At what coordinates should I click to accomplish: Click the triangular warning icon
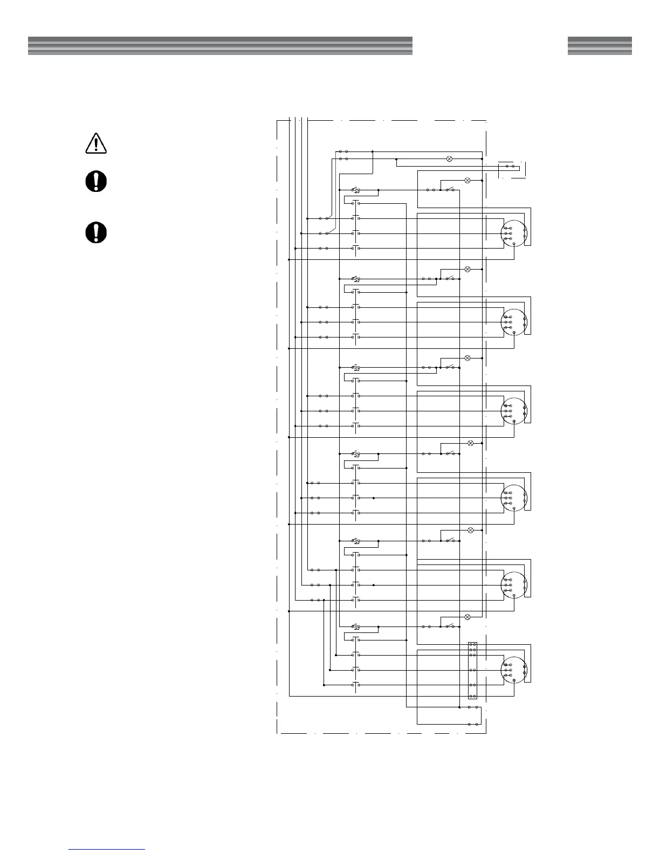pos(96,143)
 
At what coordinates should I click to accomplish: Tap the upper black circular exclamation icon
pos(96,182)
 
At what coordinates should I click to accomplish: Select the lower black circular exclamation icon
pos(96,233)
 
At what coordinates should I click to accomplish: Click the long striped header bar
pos(220,46)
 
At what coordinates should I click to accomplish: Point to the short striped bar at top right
pos(599,46)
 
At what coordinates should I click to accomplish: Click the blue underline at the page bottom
pos(107,849)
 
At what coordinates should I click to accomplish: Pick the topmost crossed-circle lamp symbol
pos(450,159)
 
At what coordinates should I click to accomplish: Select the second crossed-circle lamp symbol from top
pos(467,180)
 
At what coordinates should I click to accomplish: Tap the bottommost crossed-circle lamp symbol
pos(467,617)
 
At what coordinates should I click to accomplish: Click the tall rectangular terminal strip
pos(472,670)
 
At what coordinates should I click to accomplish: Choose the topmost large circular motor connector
pos(514,233)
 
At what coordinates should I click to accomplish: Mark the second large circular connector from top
pos(514,322)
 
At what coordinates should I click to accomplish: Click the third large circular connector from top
pos(514,411)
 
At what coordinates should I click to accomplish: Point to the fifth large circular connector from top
pos(514,585)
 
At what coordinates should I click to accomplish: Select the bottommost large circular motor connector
pos(514,670)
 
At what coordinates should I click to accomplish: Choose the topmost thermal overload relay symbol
pos(356,190)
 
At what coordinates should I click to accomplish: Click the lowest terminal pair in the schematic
pos(473,724)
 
